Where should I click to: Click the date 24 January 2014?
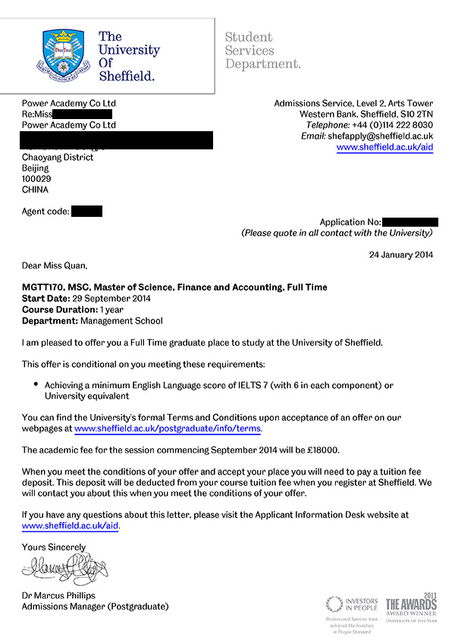click(x=401, y=255)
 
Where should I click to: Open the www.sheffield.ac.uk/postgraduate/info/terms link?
click(x=168, y=428)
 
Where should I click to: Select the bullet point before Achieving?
click(x=36, y=384)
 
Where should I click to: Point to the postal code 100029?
click(x=36, y=179)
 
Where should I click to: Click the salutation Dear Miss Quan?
click(x=55, y=266)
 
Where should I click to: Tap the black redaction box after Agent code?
click(x=86, y=212)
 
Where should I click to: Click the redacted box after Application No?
click(x=409, y=222)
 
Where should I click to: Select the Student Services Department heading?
click(x=262, y=50)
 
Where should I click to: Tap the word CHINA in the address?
click(x=36, y=190)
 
